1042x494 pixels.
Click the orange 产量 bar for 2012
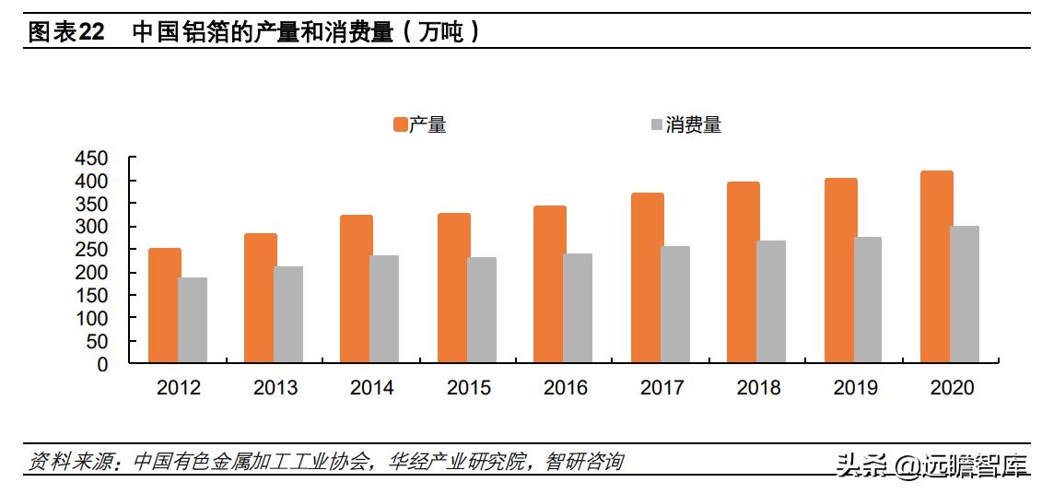coord(164,306)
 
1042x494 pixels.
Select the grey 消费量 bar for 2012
coord(193,321)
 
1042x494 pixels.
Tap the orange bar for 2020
coord(937,267)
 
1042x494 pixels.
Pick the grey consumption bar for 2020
coord(965,295)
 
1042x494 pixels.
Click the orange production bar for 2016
coord(550,285)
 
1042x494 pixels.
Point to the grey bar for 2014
coord(384,310)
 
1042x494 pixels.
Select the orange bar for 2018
coord(743,273)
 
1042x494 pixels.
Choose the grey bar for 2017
coord(675,305)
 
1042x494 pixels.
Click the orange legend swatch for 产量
coord(400,124)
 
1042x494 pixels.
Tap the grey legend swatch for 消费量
coord(656,124)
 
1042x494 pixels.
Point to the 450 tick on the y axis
coord(91,159)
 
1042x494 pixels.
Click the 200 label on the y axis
coord(91,273)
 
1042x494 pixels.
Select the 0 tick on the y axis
coord(102,364)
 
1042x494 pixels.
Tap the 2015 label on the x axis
coord(469,388)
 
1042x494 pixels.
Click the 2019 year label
coord(855,388)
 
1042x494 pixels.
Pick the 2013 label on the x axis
coord(275,388)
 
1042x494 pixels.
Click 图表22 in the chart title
coord(66,32)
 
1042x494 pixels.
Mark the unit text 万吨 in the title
coord(442,32)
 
